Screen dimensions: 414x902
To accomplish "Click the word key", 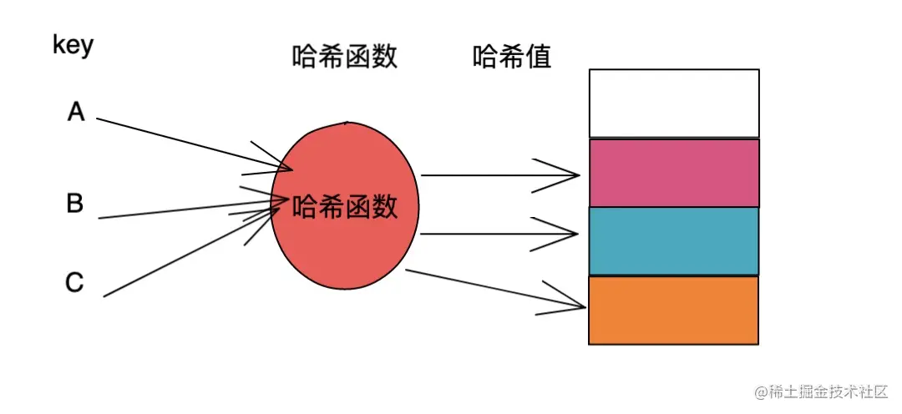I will click(x=73, y=46).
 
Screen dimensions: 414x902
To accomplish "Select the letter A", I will click(x=76, y=112).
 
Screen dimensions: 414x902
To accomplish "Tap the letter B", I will click(x=75, y=203).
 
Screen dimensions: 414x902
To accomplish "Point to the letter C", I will click(x=74, y=284).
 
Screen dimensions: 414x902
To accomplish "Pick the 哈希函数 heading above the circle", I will click(x=345, y=58).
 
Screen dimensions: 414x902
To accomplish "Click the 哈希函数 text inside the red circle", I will click(x=345, y=206).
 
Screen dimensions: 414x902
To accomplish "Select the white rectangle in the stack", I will click(x=674, y=103).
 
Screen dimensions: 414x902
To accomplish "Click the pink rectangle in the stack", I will click(x=674, y=173).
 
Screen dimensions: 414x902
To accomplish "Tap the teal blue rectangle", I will click(x=674, y=241).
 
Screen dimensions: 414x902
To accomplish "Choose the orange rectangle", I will click(x=674, y=310).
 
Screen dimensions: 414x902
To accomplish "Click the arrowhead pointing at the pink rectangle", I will click(x=572, y=175).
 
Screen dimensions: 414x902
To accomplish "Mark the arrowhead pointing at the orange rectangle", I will click(x=576, y=306).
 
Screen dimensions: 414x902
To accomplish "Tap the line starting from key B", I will click(x=184, y=210).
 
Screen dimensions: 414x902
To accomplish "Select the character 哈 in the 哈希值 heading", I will click(x=485, y=58).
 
